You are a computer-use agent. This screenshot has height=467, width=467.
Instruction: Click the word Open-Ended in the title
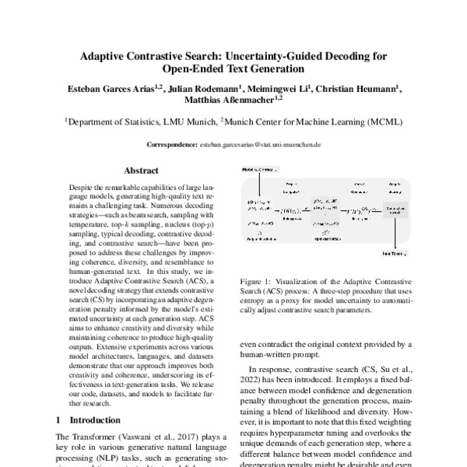click(x=192, y=71)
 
